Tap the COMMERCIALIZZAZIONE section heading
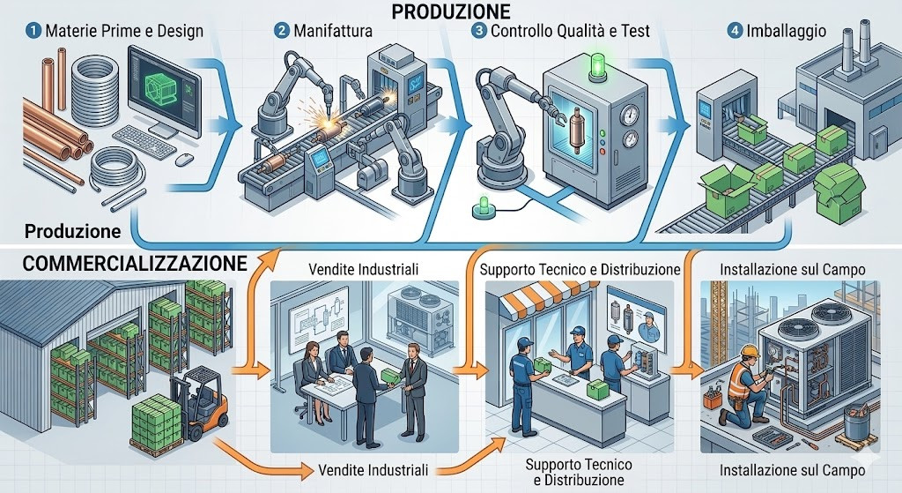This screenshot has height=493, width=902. point(123,263)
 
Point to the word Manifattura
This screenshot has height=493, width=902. point(335,31)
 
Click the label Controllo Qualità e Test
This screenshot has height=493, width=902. point(569,31)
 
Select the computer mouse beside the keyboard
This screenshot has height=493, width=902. point(184,160)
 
